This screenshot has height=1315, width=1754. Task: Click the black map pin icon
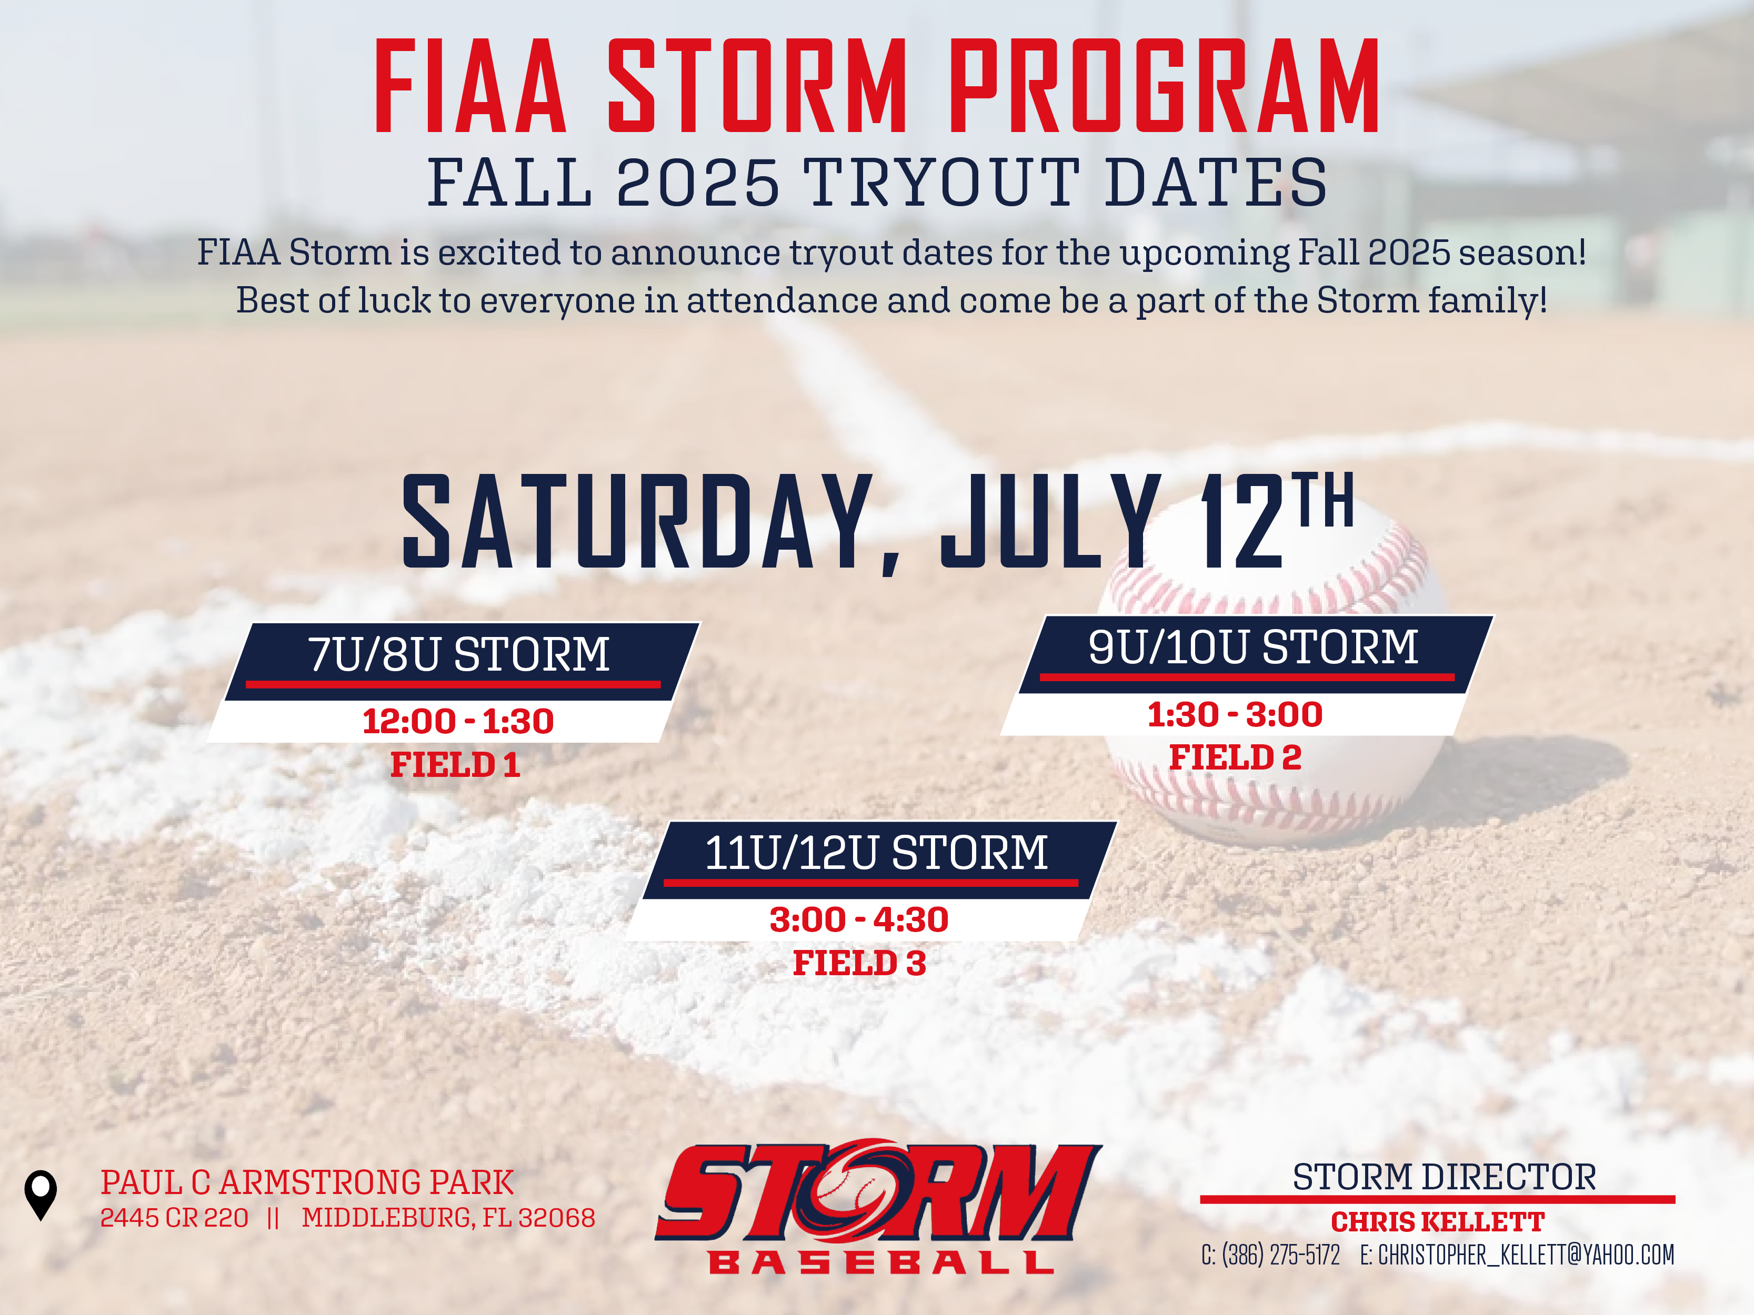click(41, 1195)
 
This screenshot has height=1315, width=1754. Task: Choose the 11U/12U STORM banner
click(879, 860)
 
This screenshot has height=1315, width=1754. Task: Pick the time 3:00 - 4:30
click(859, 919)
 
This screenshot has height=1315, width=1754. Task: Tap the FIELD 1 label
click(455, 765)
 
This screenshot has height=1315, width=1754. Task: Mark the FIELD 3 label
click(859, 963)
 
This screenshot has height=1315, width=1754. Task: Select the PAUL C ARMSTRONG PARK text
click(307, 1182)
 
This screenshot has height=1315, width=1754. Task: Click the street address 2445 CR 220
click(174, 1218)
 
